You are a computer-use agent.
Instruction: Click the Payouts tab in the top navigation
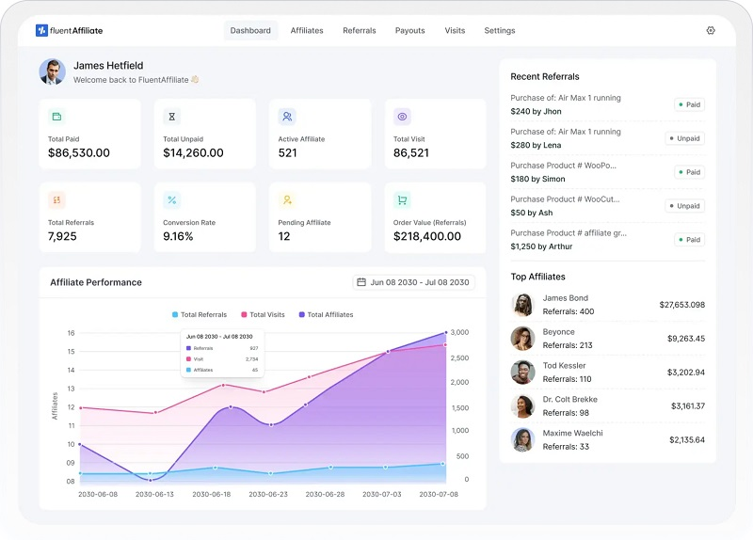pyautogui.click(x=409, y=31)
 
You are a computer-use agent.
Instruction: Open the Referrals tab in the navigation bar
pyautogui.click(x=360, y=31)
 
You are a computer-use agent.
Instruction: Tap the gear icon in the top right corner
pyautogui.click(x=711, y=30)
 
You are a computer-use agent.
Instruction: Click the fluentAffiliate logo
pyautogui.click(x=69, y=30)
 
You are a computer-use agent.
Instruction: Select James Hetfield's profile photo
pyautogui.click(x=53, y=72)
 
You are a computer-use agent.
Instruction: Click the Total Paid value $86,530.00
pyautogui.click(x=79, y=152)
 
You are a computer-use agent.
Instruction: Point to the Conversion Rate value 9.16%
pyautogui.click(x=178, y=236)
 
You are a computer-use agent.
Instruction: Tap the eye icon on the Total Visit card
pyautogui.click(x=402, y=117)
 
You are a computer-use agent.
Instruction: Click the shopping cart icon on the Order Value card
pyautogui.click(x=402, y=199)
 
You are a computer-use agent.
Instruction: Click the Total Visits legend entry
pyautogui.click(x=263, y=314)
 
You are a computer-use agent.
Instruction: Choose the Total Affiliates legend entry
pyautogui.click(x=326, y=314)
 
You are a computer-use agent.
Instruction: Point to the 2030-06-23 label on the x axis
pyautogui.click(x=268, y=494)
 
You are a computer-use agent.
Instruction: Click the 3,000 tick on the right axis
pyautogui.click(x=459, y=332)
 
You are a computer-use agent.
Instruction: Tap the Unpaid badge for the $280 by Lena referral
pyautogui.click(x=685, y=138)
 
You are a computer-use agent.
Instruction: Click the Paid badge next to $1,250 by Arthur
pyautogui.click(x=689, y=240)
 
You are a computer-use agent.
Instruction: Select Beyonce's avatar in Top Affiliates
pyautogui.click(x=522, y=339)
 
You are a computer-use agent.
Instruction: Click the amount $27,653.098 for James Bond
pyautogui.click(x=681, y=305)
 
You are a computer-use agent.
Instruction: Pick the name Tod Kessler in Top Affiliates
pyautogui.click(x=564, y=365)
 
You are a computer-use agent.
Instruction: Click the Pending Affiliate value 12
pyautogui.click(x=284, y=236)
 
